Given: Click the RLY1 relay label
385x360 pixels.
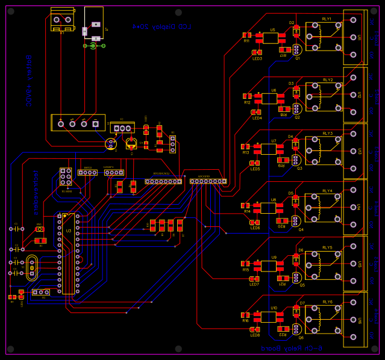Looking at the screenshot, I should pos(327,19).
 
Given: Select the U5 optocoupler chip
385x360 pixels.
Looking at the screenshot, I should pos(270,38).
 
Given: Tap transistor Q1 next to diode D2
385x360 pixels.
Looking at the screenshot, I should pos(296,51).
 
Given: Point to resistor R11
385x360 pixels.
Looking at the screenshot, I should pos(247,36).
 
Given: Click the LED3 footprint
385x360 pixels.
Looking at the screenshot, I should pos(257,52).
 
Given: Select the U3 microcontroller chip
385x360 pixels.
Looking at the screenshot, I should pos(67,253).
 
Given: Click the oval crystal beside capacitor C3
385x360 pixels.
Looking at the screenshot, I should pos(31,268).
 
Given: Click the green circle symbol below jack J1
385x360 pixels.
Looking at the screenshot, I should pos(93,46).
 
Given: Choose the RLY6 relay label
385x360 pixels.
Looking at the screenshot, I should pos(327,302).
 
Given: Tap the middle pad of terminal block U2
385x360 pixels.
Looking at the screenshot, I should pos(353,95).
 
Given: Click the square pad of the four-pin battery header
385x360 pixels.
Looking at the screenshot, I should pos(95,124).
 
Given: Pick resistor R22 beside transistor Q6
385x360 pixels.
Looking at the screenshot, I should pos(282,329).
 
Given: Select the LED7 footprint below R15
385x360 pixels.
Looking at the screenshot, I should pos(255,279).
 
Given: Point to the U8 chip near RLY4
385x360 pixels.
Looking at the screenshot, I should pos(268,208).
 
